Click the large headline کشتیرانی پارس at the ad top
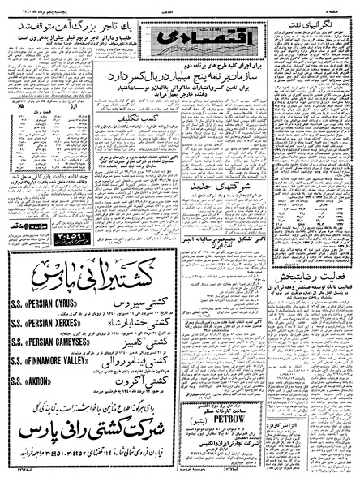95,278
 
